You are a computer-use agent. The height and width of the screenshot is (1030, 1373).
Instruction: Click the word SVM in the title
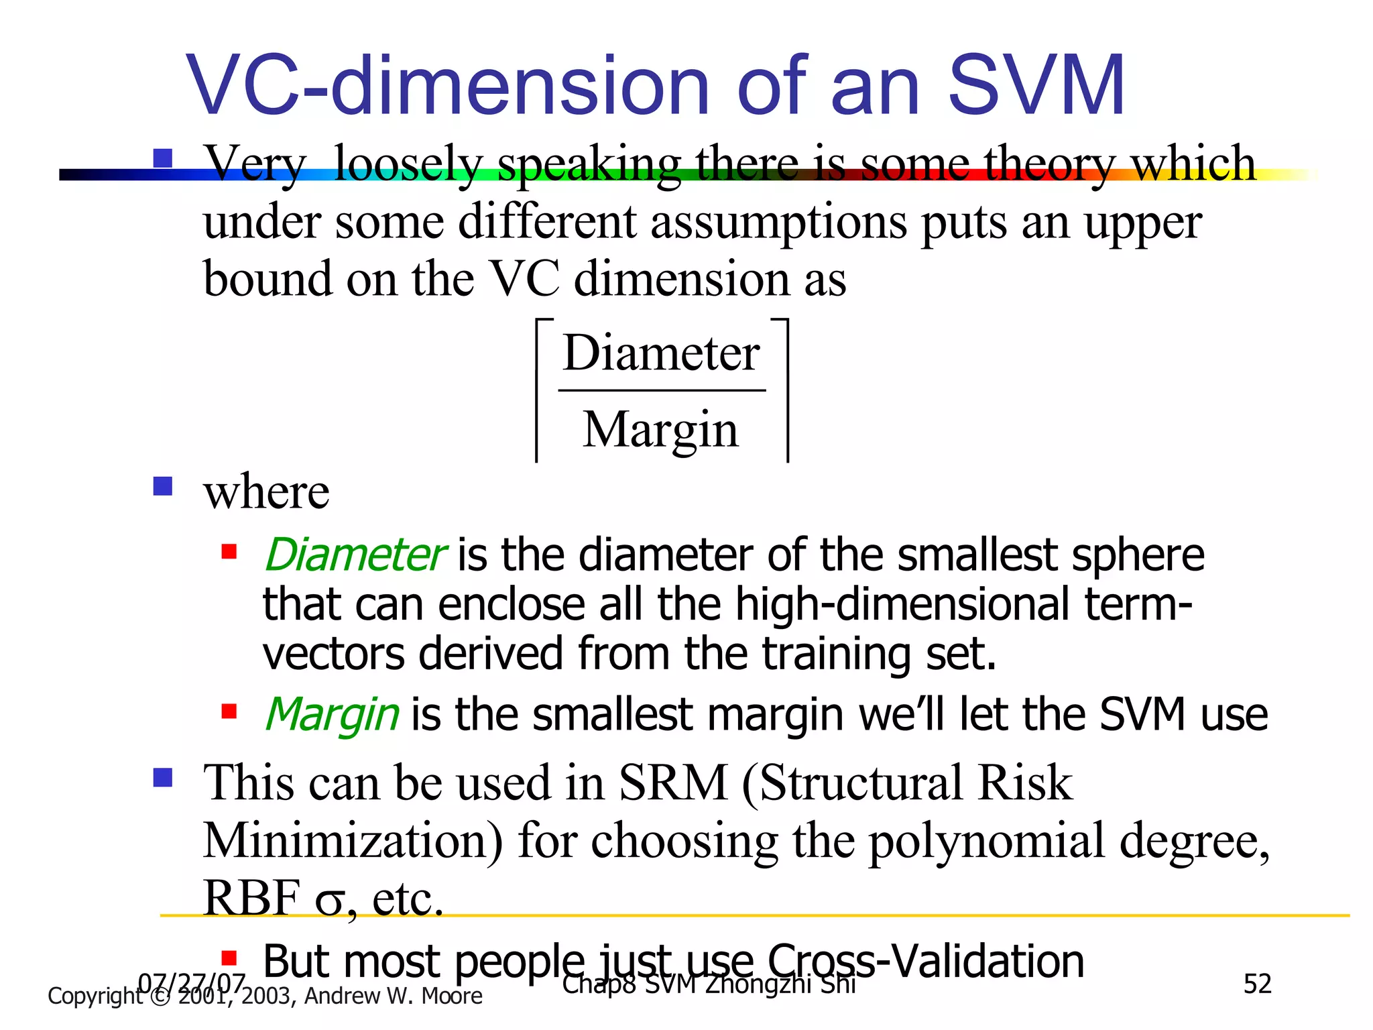[1036, 86]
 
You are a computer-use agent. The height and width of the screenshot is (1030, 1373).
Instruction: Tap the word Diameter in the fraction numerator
[661, 353]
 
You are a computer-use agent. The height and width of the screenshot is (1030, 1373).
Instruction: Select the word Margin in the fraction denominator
[660, 430]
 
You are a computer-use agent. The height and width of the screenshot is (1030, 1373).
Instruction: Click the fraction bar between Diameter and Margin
[662, 390]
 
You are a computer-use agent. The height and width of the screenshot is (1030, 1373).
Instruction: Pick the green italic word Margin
[333, 714]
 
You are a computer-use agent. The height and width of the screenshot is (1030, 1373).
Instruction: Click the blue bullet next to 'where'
[163, 485]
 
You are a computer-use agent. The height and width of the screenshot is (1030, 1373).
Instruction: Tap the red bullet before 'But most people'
[229, 956]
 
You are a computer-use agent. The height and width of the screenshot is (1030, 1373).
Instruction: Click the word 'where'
[266, 492]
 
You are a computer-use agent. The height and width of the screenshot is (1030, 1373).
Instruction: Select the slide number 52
[1257, 984]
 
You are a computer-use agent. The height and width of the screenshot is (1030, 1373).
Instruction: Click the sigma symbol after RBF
[330, 901]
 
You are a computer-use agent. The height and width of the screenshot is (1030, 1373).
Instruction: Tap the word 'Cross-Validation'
[925, 961]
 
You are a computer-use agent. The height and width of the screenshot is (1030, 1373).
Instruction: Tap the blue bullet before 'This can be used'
[163, 777]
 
